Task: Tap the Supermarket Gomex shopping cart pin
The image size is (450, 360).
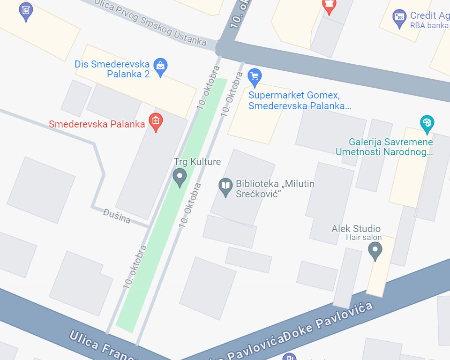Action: coord(255,77)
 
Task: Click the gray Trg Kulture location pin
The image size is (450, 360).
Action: coord(180,178)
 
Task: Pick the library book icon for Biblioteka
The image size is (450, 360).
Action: coord(226,187)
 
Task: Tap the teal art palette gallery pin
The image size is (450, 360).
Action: coord(427,124)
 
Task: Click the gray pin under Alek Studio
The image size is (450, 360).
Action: coord(375,251)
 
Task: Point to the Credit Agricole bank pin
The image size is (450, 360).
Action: coord(399,18)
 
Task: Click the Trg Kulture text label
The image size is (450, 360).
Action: coord(197,162)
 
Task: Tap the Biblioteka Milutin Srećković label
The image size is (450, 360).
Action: coord(275,188)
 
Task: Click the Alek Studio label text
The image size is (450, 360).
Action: coord(356,229)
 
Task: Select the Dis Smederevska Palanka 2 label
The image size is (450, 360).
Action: coord(112,69)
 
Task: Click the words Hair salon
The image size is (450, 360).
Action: coord(364,238)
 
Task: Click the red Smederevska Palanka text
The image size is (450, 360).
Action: coord(97,124)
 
